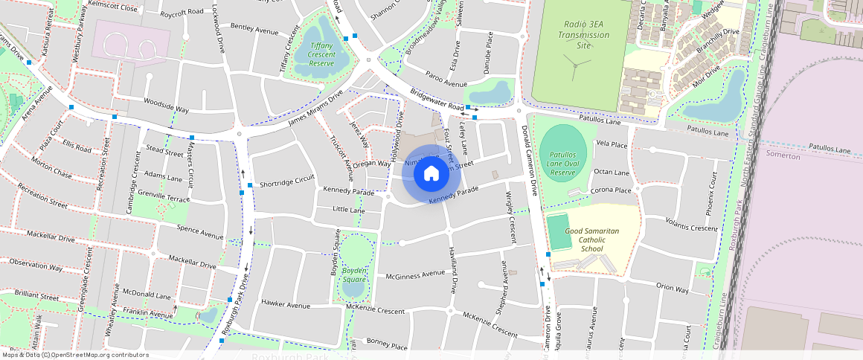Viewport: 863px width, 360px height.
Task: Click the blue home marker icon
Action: pos(431,173)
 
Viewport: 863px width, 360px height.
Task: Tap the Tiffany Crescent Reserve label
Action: pos(321,54)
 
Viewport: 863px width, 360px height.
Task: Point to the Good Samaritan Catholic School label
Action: pos(591,240)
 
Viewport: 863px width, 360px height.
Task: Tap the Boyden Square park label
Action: pos(353,274)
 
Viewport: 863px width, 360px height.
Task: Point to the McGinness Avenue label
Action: pos(414,275)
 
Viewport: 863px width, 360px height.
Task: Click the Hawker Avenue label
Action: pos(286,305)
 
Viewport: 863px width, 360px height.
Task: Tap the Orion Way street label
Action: pos(672,287)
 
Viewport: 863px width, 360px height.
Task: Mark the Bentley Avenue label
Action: pos(254,30)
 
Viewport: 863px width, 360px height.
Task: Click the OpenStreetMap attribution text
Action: pos(75,355)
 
